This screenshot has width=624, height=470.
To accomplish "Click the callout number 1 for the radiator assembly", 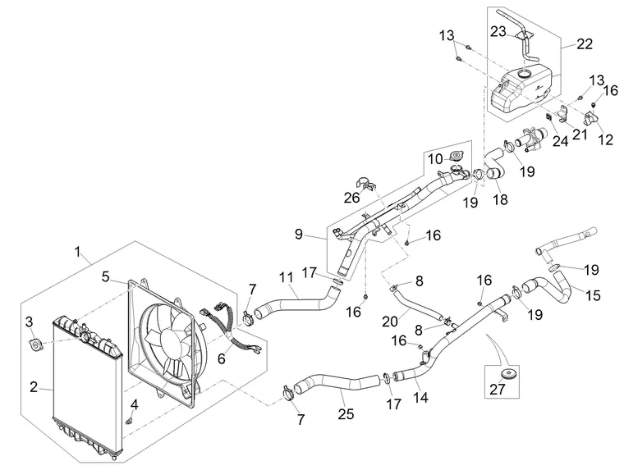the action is pos(78,252).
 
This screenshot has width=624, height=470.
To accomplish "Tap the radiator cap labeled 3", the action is pos(35,343).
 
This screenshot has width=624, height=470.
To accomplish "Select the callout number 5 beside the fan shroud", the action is pos(105,276).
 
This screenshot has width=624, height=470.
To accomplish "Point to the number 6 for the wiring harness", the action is pos(222,358).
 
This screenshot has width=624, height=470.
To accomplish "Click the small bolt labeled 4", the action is pos(130,421).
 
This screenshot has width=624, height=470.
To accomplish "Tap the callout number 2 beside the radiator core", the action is pos(34,386).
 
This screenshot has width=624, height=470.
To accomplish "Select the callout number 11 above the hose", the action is pos(286,278).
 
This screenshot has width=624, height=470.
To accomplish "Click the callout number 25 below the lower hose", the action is pos(346,414).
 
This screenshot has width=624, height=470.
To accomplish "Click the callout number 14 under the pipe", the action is pos(420,397).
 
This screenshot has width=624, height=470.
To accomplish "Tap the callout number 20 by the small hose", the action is pos(390,322).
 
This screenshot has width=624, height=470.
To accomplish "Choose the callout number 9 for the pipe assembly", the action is pos(299,235).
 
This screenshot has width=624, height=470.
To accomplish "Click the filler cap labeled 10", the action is pos(457,156).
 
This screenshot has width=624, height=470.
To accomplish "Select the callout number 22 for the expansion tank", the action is pos(585,43).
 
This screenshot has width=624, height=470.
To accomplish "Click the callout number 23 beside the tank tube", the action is pos(498,31).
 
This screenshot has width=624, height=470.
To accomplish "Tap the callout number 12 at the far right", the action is pos(606,139).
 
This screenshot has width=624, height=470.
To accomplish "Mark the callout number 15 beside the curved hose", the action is pos(593,295).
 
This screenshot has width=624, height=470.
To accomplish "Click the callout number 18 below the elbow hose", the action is pos(501,199).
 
